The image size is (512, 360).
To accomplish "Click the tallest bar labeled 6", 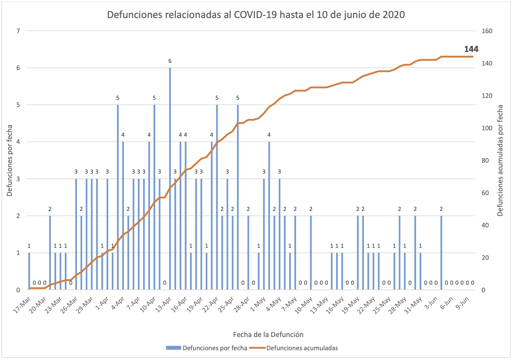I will click(170, 178).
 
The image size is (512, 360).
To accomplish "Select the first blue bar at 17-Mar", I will click(29, 271).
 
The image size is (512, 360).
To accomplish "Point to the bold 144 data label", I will click(471, 49).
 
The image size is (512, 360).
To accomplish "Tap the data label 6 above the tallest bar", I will click(170, 61).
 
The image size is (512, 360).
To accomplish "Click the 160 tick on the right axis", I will click(487, 31).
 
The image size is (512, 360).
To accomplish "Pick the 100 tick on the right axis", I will click(487, 128).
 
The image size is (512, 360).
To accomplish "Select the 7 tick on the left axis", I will click(18, 31).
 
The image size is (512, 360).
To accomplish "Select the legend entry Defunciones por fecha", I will click(214, 348).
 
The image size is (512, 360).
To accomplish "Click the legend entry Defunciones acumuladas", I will click(302, 348).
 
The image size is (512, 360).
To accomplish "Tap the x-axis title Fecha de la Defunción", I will click(268, 334).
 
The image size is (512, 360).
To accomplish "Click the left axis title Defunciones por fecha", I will click(10, 160).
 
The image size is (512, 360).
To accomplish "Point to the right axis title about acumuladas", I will click(500, 160).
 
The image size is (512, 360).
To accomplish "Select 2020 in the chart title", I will click(394, 15).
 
